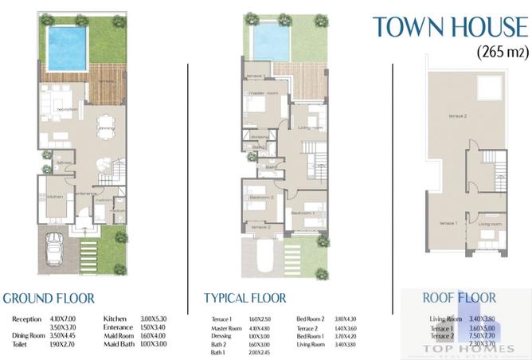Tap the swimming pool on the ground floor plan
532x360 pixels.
point(64,48)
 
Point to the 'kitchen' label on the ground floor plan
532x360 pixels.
point(54,196)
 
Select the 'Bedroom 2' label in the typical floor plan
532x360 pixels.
point(260,197)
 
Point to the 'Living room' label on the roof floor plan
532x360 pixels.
point(489,225)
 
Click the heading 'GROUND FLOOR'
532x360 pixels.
point(49,299)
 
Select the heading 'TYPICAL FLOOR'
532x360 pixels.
point(244,299)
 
